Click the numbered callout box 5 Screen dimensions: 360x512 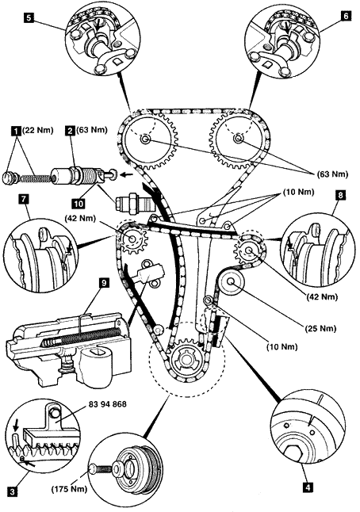(29, 17)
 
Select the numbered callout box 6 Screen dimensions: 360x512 (347, 16)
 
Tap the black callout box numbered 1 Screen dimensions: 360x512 (14, 132)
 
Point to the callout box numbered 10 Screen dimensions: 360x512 (79, 204)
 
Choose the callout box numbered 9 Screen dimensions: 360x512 (104, 283)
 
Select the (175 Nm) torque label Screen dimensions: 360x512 (69, 489)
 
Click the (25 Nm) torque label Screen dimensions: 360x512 (320, 328)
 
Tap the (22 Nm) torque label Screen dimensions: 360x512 (37, 131)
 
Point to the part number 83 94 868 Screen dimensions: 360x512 (108, 404)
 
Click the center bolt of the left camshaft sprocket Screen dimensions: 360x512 (144, 139)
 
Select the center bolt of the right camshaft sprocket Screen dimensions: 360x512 (238, 139)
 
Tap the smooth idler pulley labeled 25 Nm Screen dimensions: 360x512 (232, 281)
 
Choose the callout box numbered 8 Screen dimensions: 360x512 (341, 195)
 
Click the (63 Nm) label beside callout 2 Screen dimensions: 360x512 (92, 130)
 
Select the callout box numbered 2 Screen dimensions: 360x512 (70, 131)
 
